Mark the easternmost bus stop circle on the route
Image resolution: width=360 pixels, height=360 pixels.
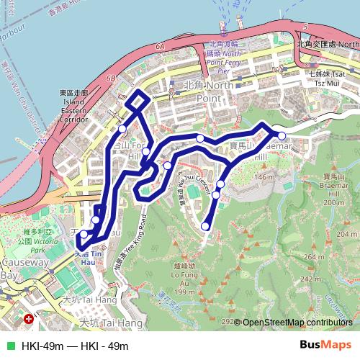tap(282, 135)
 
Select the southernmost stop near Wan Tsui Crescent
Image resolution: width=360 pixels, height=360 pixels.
tap(205, 226)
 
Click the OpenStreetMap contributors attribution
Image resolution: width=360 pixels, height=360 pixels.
tap(297, 323)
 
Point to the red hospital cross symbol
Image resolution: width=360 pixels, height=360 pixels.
tap(28, 318)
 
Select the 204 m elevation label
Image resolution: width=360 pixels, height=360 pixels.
tap(346, 235)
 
